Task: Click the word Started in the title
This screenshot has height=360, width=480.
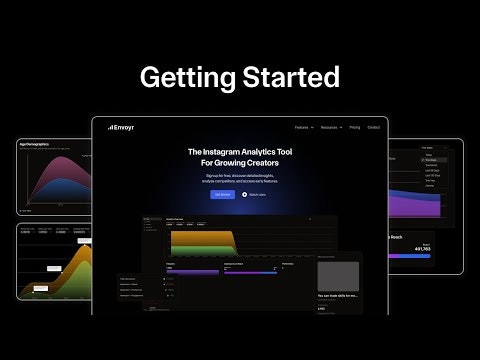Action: point(291,76)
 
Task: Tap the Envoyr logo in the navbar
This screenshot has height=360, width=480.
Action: point(121,127)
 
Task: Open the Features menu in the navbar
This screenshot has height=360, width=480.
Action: point(305,127)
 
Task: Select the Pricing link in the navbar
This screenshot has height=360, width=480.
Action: point(354,127)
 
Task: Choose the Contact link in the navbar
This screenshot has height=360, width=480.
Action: point(373,127)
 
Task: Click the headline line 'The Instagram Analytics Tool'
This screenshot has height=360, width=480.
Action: point(240,152)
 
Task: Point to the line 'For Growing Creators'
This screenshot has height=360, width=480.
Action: point(240,163)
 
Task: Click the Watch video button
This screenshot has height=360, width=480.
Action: point(253,194)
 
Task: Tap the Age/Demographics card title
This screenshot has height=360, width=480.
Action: point(34,144)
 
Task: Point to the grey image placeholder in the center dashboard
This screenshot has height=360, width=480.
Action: point(337,276)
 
